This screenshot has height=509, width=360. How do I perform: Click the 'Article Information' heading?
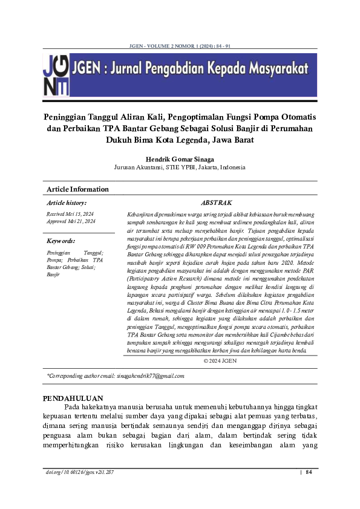click(77, 189)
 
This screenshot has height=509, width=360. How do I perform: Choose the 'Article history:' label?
click(67, 203)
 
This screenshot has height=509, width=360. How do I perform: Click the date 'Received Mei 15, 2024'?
click(70, 215)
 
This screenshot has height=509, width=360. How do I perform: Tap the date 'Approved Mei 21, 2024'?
click(71, 222)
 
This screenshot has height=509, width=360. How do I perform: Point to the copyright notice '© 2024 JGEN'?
click(220, 361)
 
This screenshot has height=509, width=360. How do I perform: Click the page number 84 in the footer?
click(309, 472)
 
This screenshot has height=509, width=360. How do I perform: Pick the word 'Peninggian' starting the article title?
click(70, 116)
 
